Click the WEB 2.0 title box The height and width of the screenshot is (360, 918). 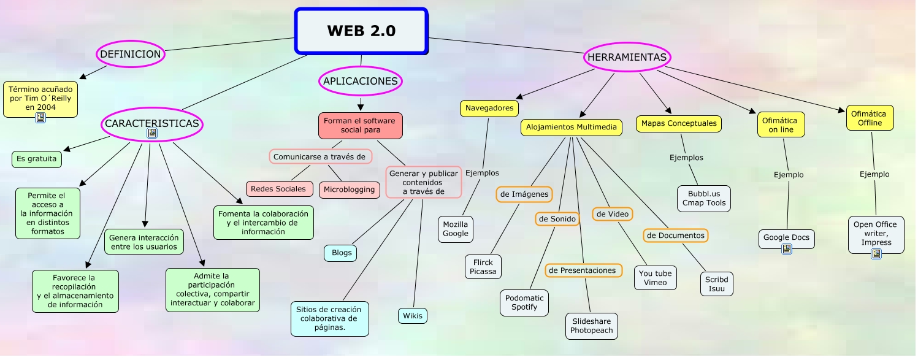pos(361,31)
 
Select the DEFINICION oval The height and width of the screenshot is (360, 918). pos(131,54)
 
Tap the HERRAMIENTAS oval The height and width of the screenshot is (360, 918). pos(627,57)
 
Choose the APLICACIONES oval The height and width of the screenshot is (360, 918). pos(361,81)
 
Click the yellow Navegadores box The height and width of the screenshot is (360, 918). pos(489,108)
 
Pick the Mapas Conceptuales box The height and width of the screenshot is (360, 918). pos(678,123)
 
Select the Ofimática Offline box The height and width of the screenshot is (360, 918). pos(870,118)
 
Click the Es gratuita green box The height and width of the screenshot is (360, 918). pos(37,159)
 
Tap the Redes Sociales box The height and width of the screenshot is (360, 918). pos(278,189)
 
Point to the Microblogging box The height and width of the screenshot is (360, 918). pos(349,190)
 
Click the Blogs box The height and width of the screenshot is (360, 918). pos(341,253)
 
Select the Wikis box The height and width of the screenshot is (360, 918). pos(412,316)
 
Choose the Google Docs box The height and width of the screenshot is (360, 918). pos(786,237)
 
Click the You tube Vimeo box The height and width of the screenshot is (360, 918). pos(655,278)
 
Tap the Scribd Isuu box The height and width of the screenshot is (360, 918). pos(716,284)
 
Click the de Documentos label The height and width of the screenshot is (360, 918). pos(676,235)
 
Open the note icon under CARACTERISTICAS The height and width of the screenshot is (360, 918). pos(152,133)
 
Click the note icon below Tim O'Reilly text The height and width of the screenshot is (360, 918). pos(40,118)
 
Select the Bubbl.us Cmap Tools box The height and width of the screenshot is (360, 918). pos(704,198)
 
